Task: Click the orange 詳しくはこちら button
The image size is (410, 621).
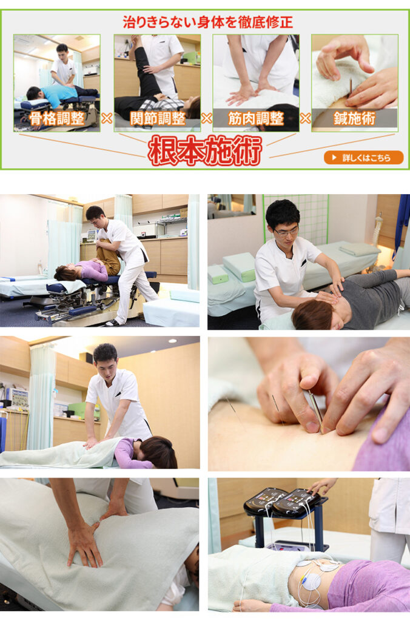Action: coord(363,158)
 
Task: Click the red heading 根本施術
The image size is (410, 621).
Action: coord(205,151)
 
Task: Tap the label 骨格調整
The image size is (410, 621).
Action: coord(57,118)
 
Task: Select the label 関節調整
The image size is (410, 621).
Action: coord(157,118)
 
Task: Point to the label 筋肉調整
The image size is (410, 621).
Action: coord(256,118)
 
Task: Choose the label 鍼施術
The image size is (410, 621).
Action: coord(355,118)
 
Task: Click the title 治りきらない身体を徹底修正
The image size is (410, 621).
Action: coord(207,22)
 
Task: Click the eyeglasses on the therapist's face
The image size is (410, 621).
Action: coord(286,232)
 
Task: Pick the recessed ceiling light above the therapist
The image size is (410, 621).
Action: coord(172,341)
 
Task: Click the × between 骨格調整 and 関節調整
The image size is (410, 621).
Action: coord(107,118)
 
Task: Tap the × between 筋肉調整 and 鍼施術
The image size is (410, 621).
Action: coord(305,118)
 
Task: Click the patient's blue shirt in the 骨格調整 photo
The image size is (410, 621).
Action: coord(59,93)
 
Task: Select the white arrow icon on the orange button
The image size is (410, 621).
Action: coord(334,158)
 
